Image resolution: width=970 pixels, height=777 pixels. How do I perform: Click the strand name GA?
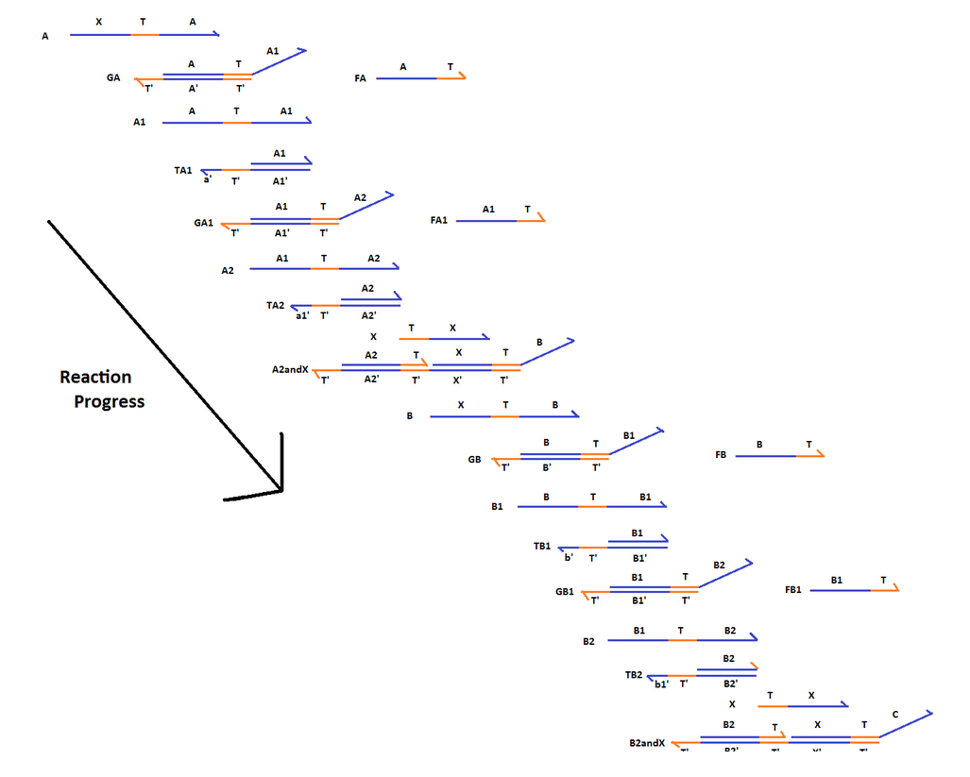[113, 78]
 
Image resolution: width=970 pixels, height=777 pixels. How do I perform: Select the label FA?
[361, 78]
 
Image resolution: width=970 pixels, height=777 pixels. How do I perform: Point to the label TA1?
[183, 171]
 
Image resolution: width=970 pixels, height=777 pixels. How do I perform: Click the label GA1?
[203, 223]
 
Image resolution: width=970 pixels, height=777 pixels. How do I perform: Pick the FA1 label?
[439, 220]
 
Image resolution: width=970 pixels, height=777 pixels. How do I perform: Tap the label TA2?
[275, 305]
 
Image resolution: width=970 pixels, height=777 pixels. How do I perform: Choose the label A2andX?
[290, 369]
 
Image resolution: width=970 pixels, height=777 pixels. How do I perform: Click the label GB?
[474, 460]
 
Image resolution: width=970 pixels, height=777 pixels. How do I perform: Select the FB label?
[721, 455]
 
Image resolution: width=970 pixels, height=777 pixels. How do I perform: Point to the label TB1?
[542, 546]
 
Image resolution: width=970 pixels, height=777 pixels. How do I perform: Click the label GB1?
[565, 591]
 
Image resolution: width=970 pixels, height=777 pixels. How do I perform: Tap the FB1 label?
[793, 589]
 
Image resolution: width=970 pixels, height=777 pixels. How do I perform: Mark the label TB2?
[634, 674]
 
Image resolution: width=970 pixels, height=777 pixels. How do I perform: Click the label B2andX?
[648, 743]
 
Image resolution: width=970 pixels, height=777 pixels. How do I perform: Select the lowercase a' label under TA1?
[208, 178]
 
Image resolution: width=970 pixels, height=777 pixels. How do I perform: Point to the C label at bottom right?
[894, 714]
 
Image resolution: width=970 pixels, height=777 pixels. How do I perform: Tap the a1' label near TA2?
[302, 316]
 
